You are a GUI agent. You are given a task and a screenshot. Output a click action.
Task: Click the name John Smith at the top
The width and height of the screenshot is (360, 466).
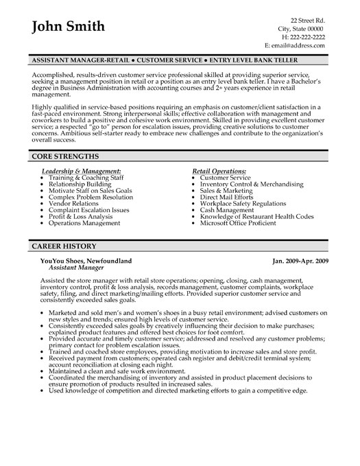point(69,27)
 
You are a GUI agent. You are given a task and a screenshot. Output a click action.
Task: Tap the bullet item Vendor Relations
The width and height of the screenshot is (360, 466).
point(73,205)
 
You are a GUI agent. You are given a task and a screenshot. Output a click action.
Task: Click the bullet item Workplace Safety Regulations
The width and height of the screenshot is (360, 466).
point(243,205)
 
